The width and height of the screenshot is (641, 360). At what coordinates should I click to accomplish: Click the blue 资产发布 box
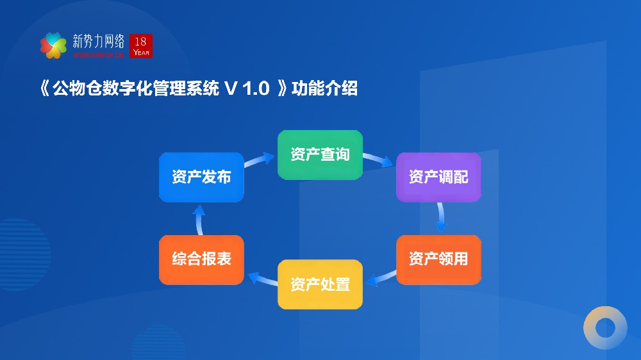coord(201,177)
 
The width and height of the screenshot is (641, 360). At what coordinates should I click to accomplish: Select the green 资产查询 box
coord(320,155)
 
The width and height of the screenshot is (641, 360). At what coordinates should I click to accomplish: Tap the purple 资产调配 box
coord(438,177)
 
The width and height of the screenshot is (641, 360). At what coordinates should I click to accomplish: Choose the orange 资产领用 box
coord(438,259)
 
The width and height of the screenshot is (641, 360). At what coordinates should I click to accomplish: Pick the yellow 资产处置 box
coord(320,284)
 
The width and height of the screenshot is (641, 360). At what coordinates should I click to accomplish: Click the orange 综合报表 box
coord(201,259)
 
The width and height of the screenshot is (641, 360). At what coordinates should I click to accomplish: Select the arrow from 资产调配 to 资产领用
coord(441,218)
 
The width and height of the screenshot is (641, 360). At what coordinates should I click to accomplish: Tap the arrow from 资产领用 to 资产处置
coord(383,277)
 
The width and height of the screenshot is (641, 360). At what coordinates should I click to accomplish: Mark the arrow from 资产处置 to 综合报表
coord(262,277)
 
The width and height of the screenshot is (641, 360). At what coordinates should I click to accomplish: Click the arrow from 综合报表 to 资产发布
coord(199,219)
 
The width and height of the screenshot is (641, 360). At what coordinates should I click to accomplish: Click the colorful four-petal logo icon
coord(53,45)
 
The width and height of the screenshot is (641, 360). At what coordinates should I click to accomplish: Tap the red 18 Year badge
coord(141,45)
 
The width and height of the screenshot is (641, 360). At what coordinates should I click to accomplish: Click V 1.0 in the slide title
coord(246,89)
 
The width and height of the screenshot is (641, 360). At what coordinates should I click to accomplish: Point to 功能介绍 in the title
coord(324,89)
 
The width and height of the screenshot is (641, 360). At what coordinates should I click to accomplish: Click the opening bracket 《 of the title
coord(44,89)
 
